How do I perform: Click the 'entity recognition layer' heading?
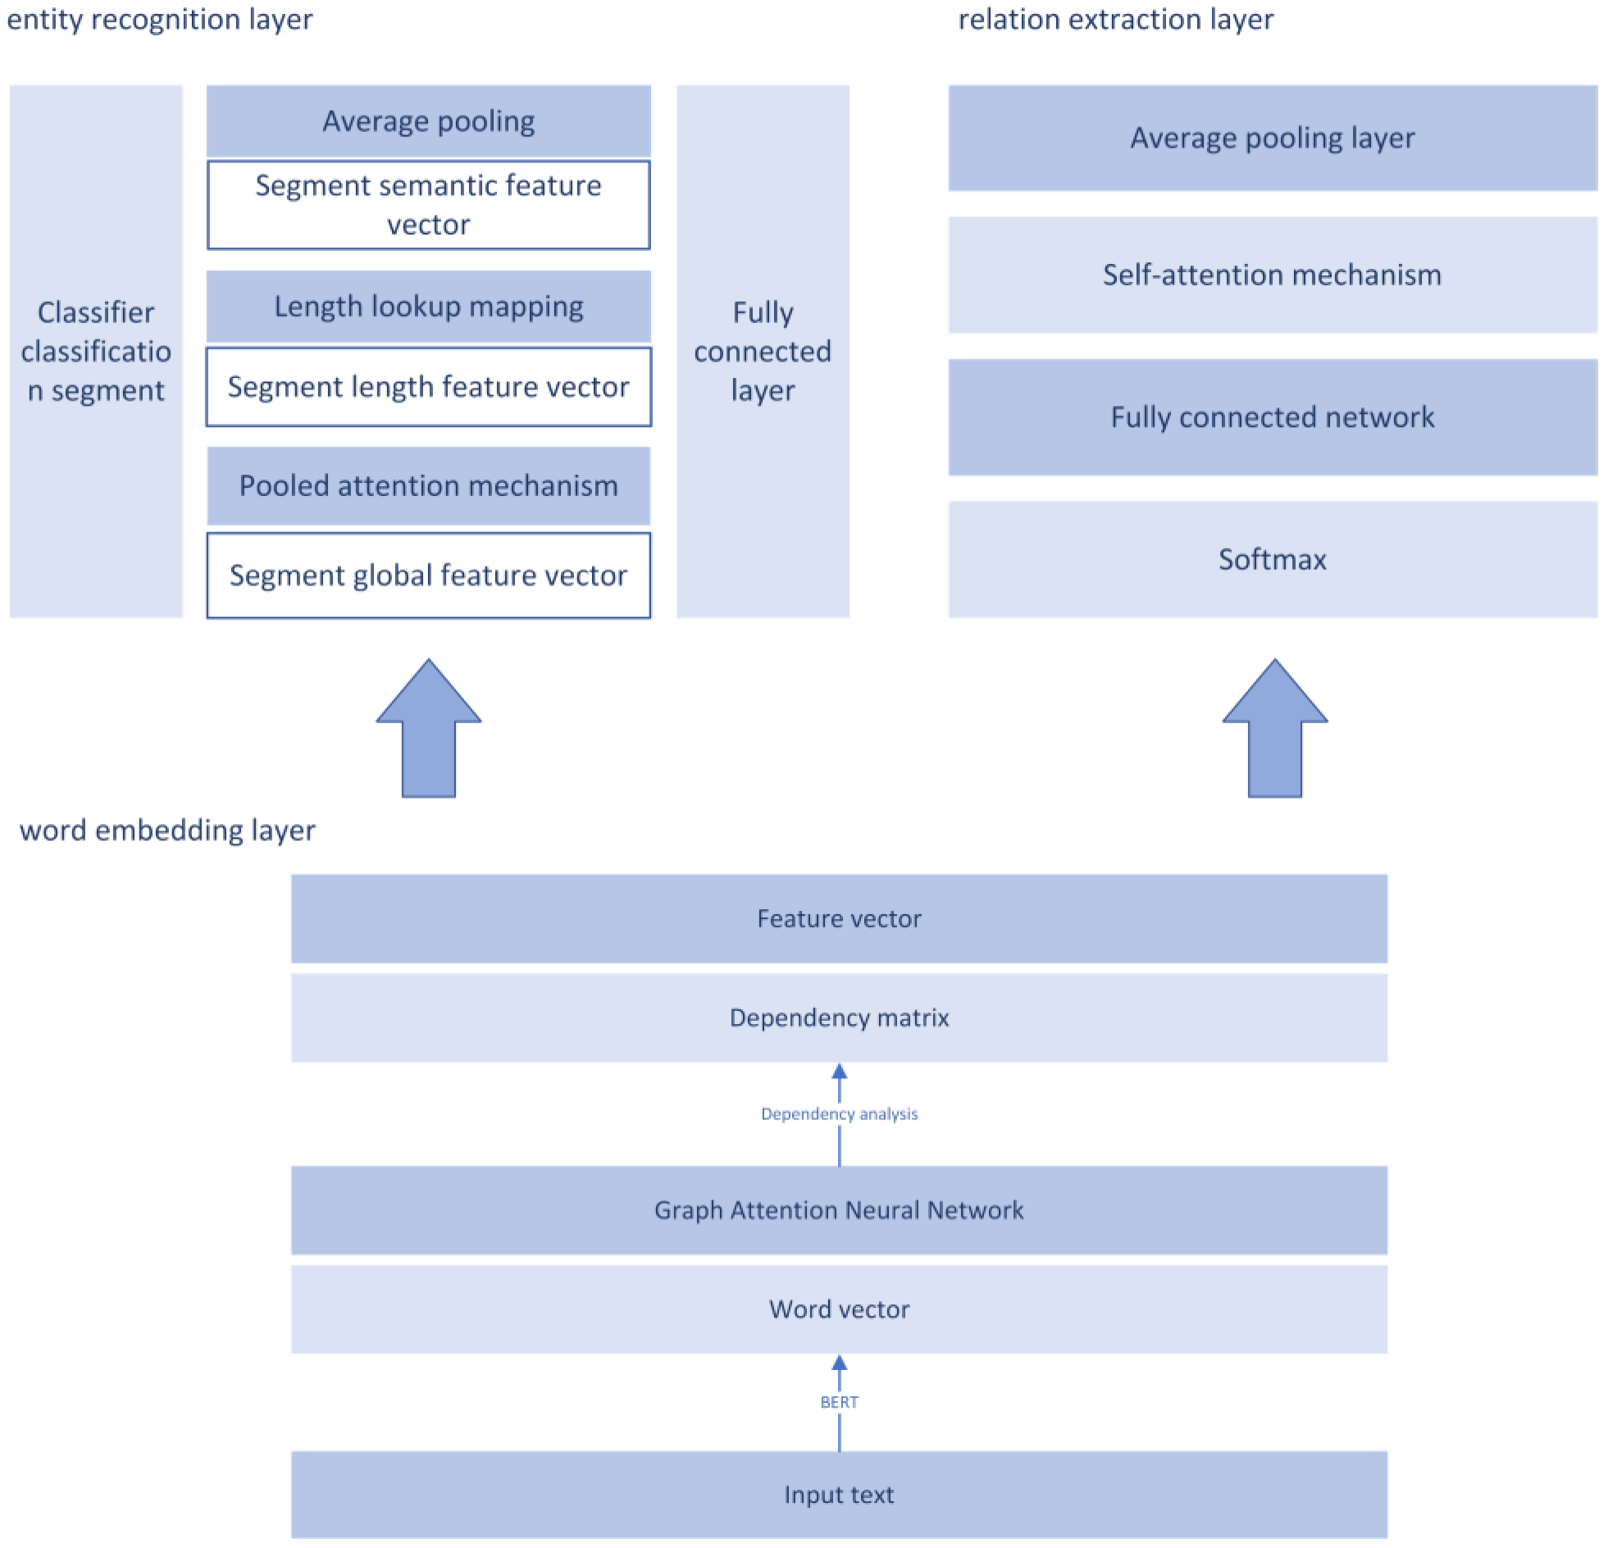[160, 19]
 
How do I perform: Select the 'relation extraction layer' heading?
[1115, 19]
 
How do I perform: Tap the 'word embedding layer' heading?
[167, 830]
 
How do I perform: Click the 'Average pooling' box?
[428, 121]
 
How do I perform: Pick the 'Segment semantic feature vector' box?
[428, 204]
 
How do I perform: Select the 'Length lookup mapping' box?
[428, 306]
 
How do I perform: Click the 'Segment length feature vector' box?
[428, 386]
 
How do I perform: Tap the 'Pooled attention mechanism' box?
[428, 485]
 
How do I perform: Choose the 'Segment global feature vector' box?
[428, 575]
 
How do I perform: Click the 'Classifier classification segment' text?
[96, 351]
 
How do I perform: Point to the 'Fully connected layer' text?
[762, 351]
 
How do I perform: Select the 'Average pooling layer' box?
[1272, 138]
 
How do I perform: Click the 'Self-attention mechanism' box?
[1272, 275]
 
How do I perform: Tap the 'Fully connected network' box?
[1272, 417]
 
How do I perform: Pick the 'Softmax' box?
[1272, 559]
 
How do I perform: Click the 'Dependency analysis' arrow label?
[839, 1114]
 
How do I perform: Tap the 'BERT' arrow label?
[839, 1402]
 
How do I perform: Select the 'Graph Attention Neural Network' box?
[839, 1210]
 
